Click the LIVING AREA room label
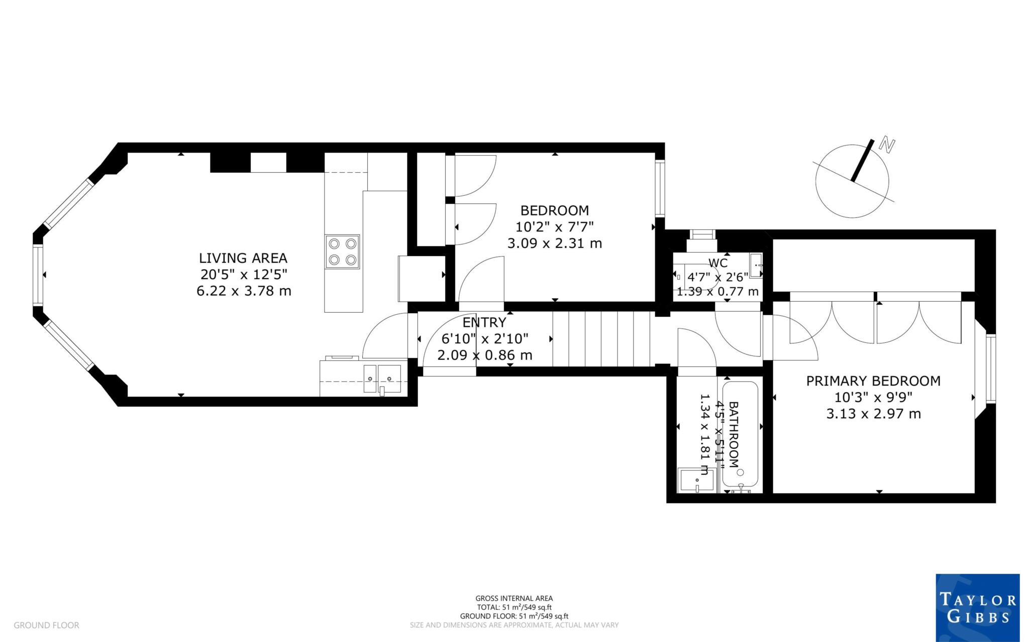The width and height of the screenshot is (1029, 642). (243, 258)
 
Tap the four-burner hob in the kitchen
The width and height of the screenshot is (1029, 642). (342, 251)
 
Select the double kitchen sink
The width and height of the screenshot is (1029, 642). (382, 377)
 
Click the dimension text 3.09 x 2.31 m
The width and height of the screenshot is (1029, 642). (555, 243)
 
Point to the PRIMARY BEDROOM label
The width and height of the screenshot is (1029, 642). (873, 381)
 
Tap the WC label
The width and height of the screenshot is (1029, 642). (717, 263)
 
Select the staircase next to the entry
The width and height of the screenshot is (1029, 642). (601, 339)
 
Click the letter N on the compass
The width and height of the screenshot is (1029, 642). (888, 146)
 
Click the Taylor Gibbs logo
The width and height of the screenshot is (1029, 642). (977, 607)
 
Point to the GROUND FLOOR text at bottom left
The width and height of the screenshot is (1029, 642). (46, 625)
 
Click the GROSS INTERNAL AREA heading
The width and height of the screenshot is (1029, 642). (514, 598)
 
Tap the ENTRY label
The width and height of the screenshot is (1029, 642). (484, 322)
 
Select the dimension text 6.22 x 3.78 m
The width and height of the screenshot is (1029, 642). (244, 291)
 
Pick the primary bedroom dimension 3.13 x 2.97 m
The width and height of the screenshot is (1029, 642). (873, 414)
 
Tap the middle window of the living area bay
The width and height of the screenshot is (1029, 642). (38, 275)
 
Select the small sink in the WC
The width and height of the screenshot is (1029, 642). (756, 263)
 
